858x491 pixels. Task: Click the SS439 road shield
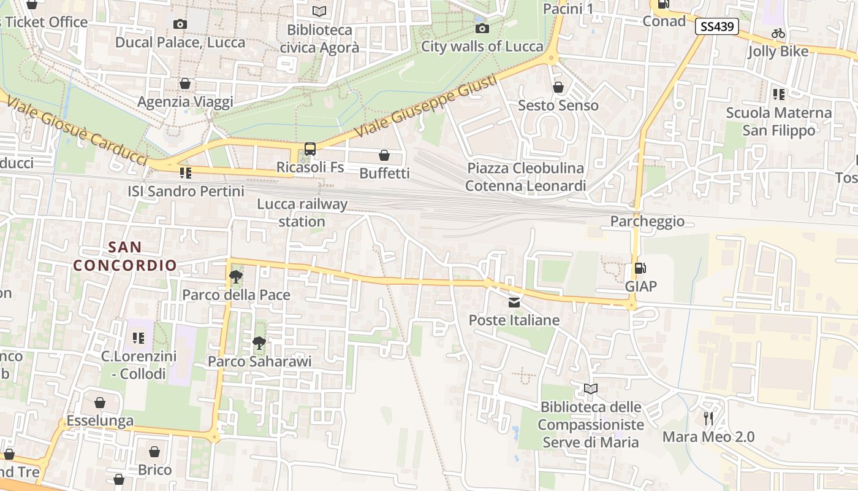pos(716,26)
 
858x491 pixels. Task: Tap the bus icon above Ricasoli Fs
pos(310,149)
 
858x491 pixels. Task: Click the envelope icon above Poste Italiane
pos(514,302)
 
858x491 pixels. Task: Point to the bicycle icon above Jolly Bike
pos(778,33)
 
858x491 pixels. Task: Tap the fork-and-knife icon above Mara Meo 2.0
pos(708,419)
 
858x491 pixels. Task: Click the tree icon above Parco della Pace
pos(235,277)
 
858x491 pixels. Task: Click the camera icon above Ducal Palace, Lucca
pos(180,24)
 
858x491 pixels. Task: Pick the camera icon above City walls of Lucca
pos(482,28)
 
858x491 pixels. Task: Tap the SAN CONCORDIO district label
pos(125,257)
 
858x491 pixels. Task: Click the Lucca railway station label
pos(302,212)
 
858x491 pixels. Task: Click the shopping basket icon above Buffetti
pos(384,155)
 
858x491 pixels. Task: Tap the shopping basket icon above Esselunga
pos(100,403)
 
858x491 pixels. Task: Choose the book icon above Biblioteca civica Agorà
pos(319,11)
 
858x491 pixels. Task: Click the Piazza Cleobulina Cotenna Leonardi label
pos(525,177)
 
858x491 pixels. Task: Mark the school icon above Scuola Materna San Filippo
pos(778,95)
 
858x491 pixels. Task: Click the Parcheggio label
pos(647,222)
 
